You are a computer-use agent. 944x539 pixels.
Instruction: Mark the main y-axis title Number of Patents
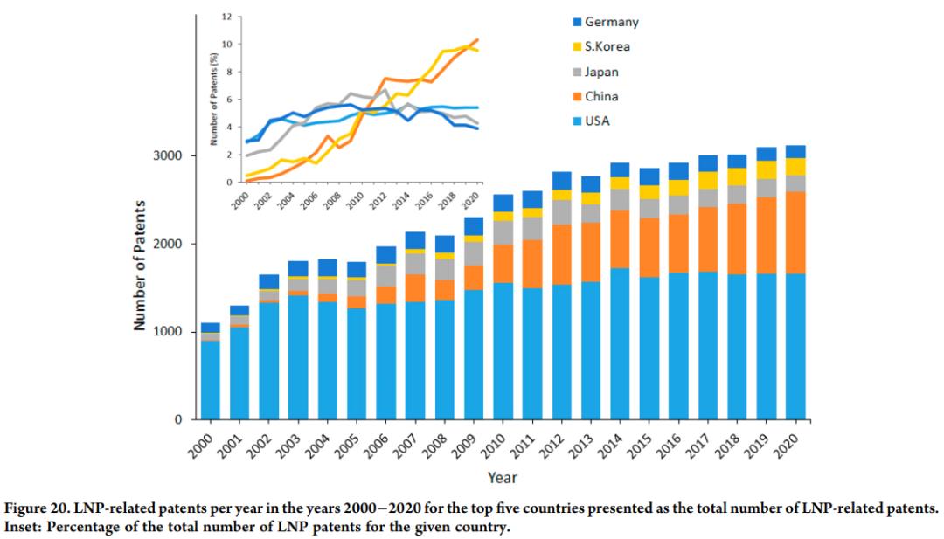tap(139, 267)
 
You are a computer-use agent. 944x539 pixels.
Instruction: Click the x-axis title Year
tap(503, 478)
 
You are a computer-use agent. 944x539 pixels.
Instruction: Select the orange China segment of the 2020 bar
tap(795, 232)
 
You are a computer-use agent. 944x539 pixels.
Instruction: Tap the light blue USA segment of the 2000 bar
tap(211, 380)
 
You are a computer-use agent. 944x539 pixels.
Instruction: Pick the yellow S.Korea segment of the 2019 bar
tap(767, 169)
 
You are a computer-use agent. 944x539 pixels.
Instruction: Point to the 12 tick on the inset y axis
tap(226, 17)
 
